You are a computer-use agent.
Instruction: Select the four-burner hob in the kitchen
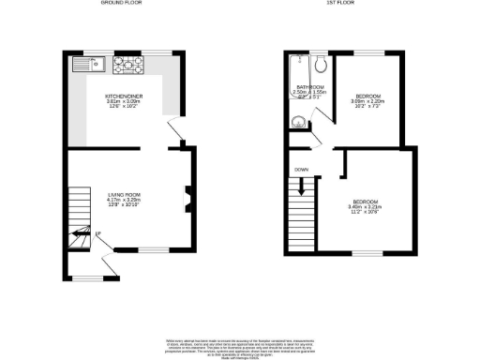pyautogui.click(x=127, y=66)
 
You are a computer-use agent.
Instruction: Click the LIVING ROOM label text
pyautogui.click(x=122, y=194)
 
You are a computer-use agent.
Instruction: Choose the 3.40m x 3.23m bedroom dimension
pyautogui.click(x=366, y=208)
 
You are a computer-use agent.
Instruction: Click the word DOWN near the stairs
pyautogui.click(x=301, y=170)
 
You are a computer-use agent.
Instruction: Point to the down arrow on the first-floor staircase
pyautogui.click(x=301, y=187)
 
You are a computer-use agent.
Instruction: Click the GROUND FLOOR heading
pyautogui.click(x=122, y=4)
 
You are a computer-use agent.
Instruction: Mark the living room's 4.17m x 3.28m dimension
pyautogui.click(x=122, y=200)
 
